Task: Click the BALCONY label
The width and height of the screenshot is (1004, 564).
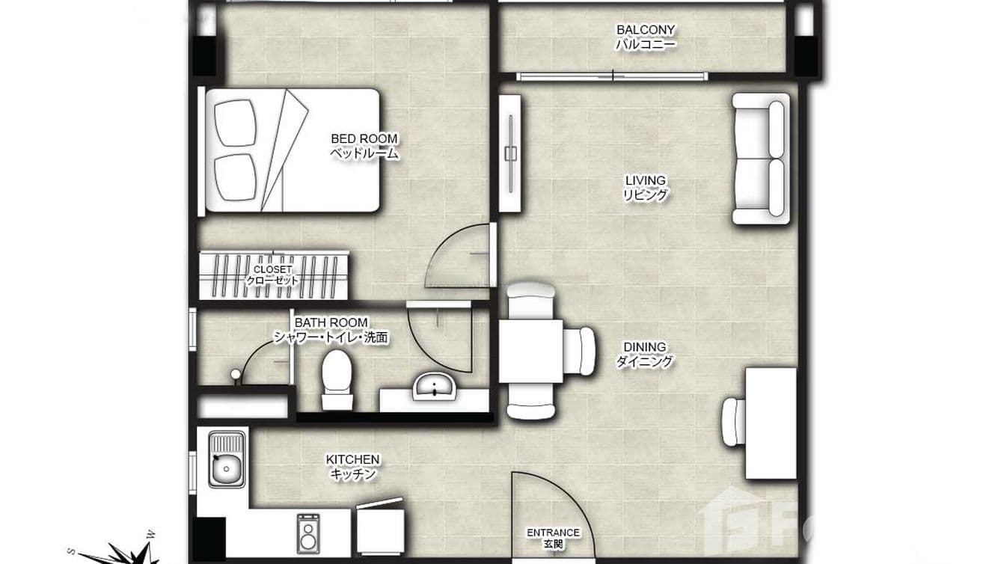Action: (x=645, y=37)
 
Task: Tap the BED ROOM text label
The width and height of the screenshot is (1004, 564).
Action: (x=364, y=146)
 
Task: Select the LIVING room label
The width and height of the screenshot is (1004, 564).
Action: (x=645, y=188)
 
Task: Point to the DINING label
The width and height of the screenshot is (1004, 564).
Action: (x=644, y=355)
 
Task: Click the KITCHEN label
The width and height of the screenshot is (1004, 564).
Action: (x=352, y=466)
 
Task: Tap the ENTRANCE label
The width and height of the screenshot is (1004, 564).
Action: (x=554, y=537)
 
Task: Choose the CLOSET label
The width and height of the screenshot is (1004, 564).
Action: (x=273, y=275)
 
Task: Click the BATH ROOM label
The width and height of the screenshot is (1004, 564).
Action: (x=330, y=329)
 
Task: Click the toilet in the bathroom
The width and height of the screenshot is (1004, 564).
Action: (x=336, y=378)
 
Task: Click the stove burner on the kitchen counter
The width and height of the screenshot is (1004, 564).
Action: (x=307, y=532)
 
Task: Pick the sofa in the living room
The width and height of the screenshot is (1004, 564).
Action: (x=760, y=159)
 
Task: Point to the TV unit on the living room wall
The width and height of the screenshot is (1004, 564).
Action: (x=510, y=153)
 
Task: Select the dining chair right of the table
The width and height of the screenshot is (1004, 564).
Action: (x=580, y=351)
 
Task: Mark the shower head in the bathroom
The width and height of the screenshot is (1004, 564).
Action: (x=236, y=375)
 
